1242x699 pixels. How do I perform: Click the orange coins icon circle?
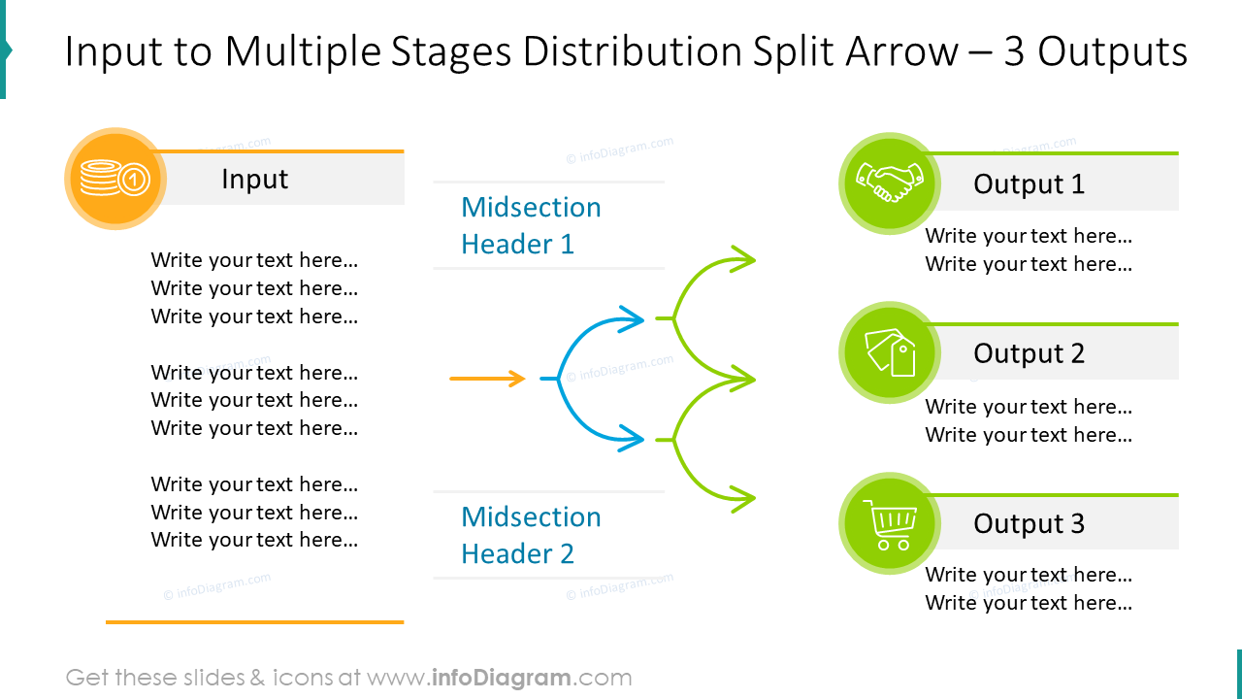114,179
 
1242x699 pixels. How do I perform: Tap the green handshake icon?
889,183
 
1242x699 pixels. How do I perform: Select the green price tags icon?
889,352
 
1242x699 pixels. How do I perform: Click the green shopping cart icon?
889,523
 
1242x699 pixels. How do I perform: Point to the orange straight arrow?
487,379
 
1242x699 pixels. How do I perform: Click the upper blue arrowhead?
634,318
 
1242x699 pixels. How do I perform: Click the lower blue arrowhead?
634,439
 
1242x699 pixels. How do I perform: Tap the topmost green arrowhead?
744,259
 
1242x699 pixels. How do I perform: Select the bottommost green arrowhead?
744,499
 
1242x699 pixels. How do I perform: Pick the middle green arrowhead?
744,380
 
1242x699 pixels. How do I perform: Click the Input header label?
254,180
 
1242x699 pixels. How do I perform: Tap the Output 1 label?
1029,184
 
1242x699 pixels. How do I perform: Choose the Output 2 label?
1029,354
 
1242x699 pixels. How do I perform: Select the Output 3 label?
1029,524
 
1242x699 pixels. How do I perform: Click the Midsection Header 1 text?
531,225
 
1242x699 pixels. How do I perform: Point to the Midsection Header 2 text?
531,535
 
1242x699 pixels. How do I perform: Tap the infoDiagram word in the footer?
501,678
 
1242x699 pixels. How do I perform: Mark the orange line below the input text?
254,621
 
